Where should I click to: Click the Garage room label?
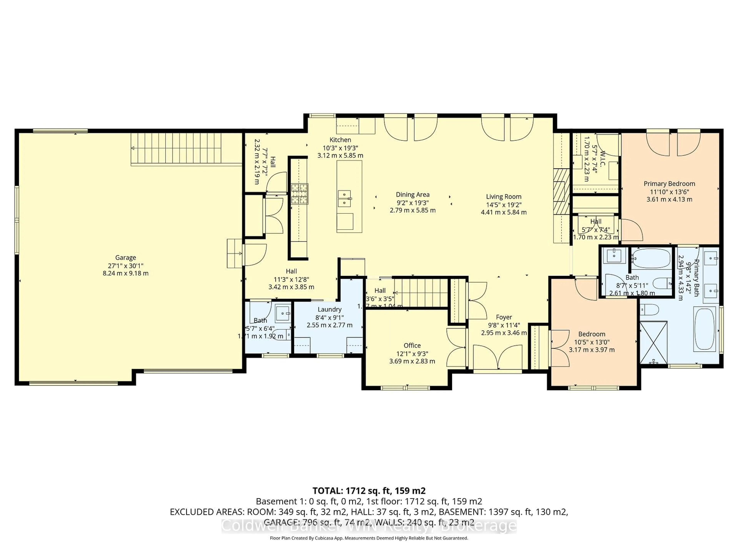pyautogui.click(x=125, y=257)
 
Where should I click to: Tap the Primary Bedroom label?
pyautogui.click(x=669, y=184)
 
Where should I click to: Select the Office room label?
pyautogui.click(x=412, y=345)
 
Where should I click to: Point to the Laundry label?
pyautogui.click(x=329, y=309)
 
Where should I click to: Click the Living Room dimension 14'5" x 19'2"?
pyautogui.click(x=504, y=205)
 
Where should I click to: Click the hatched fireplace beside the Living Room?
pyautogui.click(x=561, y=191)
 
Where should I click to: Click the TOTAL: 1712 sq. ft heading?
pyautogui.click(x=369, y=491)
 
